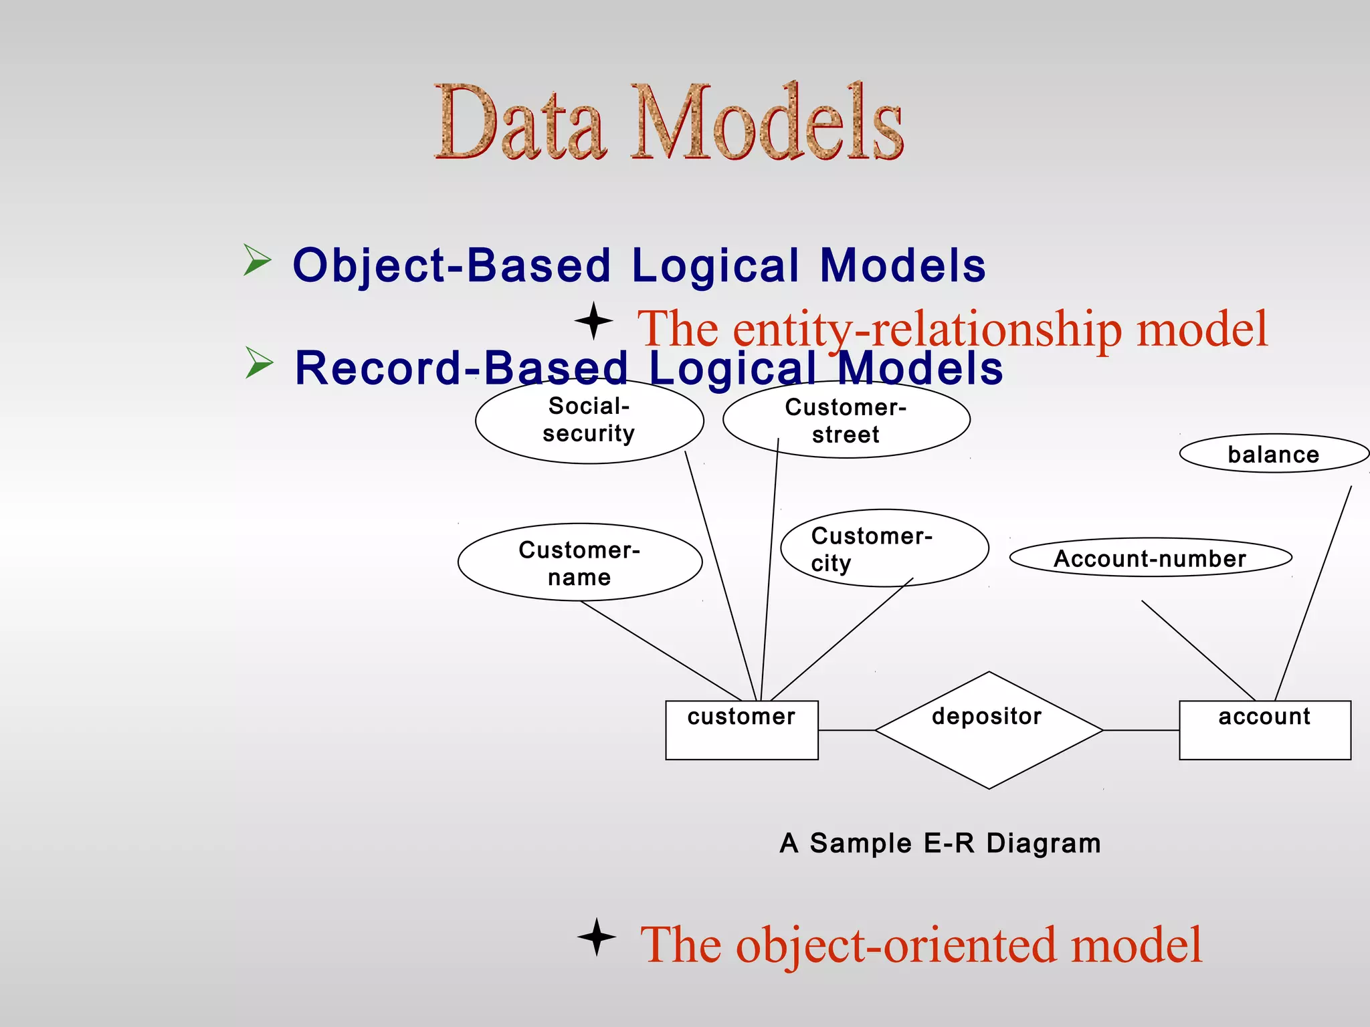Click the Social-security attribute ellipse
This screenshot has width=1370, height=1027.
click(589, 421)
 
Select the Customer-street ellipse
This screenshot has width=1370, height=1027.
click(846, 421)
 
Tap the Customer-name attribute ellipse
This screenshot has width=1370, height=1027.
click(579, 562)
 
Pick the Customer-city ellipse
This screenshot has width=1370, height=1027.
click(884, 548)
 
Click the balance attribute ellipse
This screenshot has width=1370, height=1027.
click(1274, 454)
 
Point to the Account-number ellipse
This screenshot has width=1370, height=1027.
click(1150, 558)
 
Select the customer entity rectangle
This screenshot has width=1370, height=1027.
click(741, 730)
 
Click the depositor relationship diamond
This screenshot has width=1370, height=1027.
click(988, 730)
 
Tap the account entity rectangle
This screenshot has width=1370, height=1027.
click(1264, 730)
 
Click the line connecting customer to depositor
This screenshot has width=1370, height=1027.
click(846, 730)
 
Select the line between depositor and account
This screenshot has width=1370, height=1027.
click(1141, 730)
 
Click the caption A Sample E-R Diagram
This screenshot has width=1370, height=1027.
click(940, 843)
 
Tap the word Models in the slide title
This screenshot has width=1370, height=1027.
click(767, 124)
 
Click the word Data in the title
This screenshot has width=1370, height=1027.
click(520, 124)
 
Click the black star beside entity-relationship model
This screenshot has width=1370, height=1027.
click(593, 321)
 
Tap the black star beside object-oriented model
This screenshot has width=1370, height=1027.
click(597, 937)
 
